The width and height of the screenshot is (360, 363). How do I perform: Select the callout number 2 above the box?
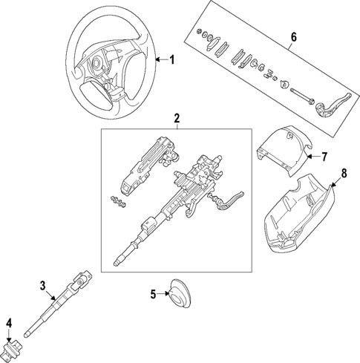(x=177, y=118)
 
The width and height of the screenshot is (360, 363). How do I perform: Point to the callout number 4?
(x=9, y=322)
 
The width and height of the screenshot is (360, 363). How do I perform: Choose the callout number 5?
(x=153, y=294)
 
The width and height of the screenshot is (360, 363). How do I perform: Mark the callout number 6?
(x=293, y=36)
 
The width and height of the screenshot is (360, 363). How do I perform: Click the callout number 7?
(x=323, y=157)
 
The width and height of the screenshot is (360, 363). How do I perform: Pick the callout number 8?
(x=343, y=174)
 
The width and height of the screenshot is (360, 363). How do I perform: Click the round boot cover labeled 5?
(x=178, y=294)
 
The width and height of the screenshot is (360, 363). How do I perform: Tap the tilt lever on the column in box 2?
(x=234, y=200)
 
